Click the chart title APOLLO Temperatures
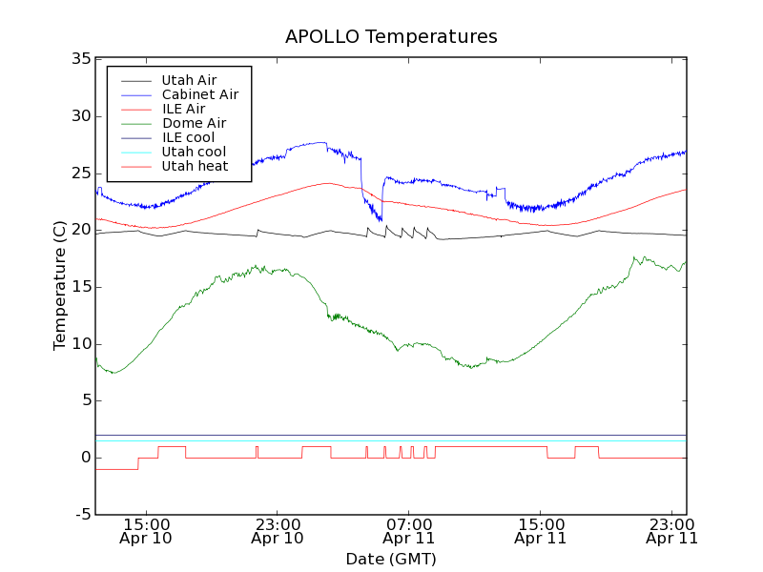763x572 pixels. point(391,37)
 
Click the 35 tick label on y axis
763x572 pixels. point(80,59)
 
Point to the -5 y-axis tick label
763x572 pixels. point(81,515)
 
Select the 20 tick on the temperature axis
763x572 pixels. point(80,230)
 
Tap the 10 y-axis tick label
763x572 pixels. point(80,344)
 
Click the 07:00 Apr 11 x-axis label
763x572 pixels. point(409,530)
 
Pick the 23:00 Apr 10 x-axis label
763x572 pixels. point(278,530)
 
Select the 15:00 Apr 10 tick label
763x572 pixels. point(147,530)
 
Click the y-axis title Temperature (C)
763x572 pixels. point(60,286)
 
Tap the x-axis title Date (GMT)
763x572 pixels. point(391,559)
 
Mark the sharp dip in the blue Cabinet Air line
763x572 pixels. point(381,220)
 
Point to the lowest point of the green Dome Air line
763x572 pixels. point(113,373)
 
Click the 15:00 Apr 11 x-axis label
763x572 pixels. point(541,530)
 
